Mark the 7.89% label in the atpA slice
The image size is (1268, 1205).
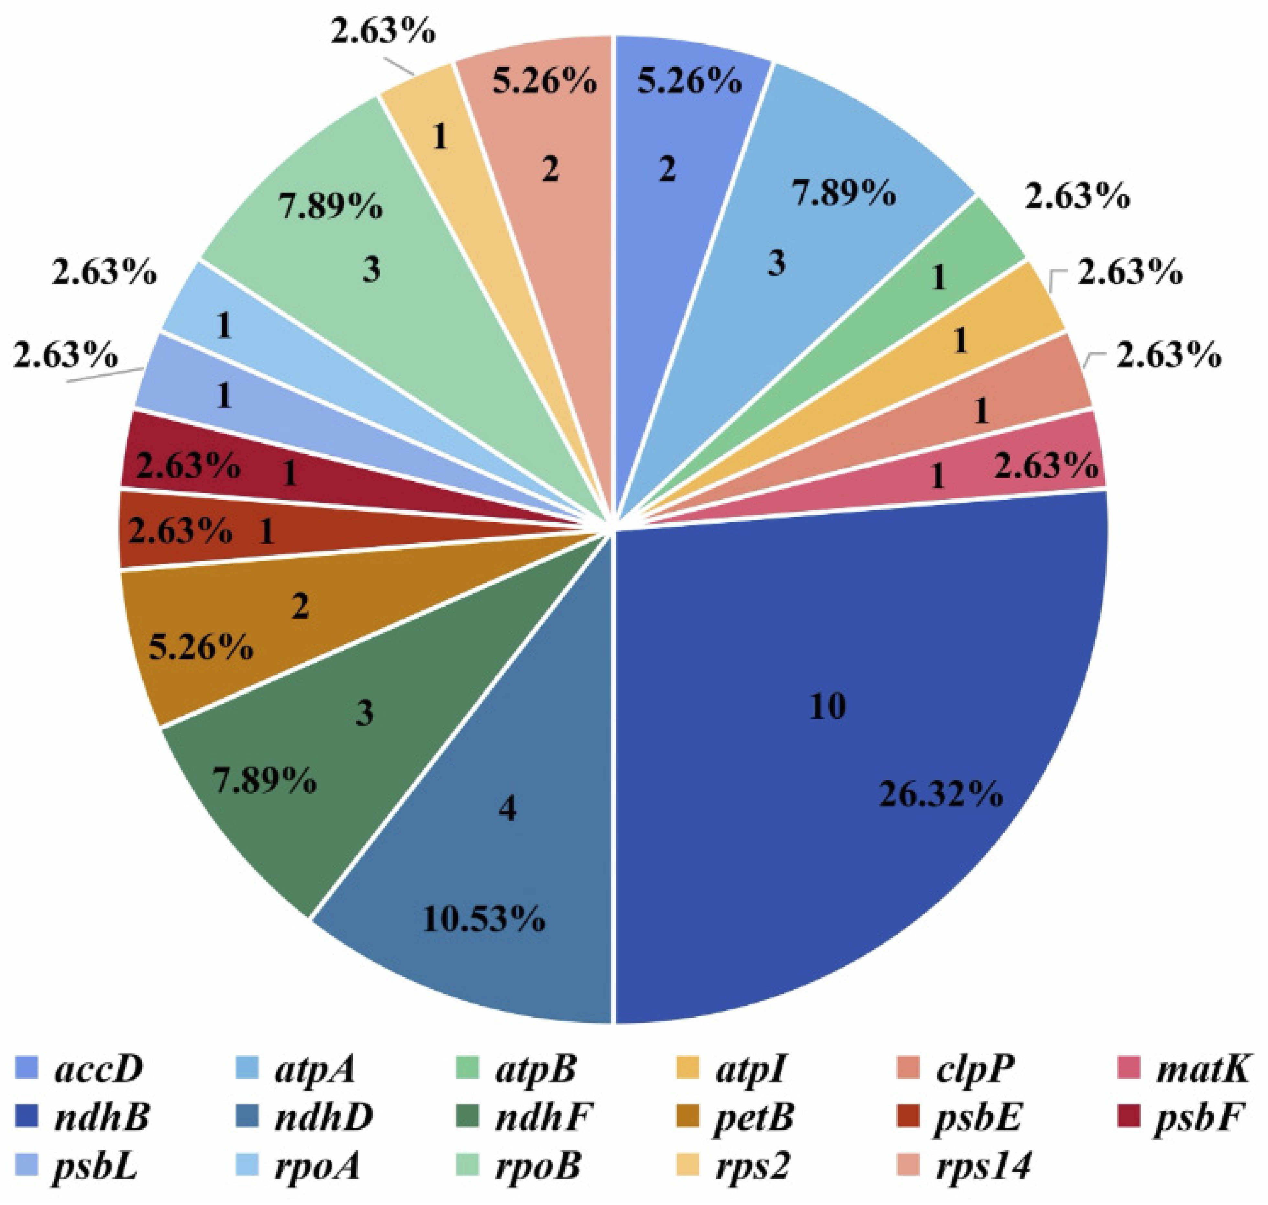[x=843, y=193]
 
